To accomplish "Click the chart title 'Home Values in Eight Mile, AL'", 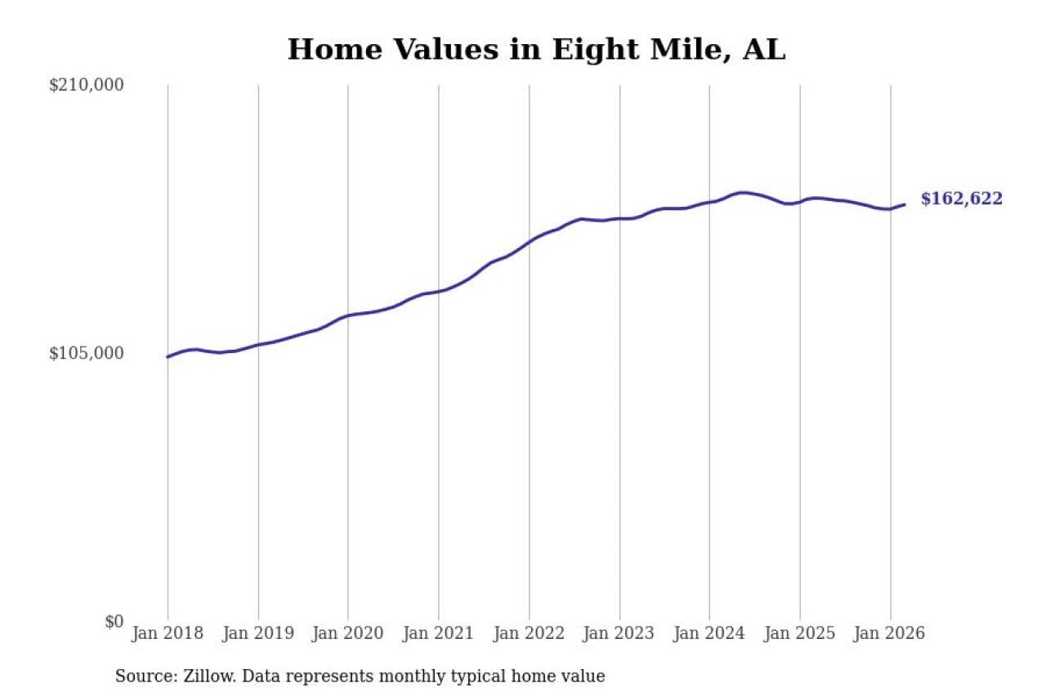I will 536,50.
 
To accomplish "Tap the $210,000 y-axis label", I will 87,85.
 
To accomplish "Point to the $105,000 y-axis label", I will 87,353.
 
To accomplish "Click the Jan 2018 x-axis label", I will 168,634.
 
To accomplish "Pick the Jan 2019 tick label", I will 258,634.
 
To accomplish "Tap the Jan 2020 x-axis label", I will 348,634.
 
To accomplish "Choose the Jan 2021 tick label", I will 439,634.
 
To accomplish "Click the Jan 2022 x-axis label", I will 529,634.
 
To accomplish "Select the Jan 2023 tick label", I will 619,634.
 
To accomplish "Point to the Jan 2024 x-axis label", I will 709,634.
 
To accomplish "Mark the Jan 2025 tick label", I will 800,634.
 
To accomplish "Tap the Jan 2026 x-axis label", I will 890,634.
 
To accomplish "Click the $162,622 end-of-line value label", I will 961,199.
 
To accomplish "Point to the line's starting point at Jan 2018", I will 168,356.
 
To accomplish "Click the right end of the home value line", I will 904,204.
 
